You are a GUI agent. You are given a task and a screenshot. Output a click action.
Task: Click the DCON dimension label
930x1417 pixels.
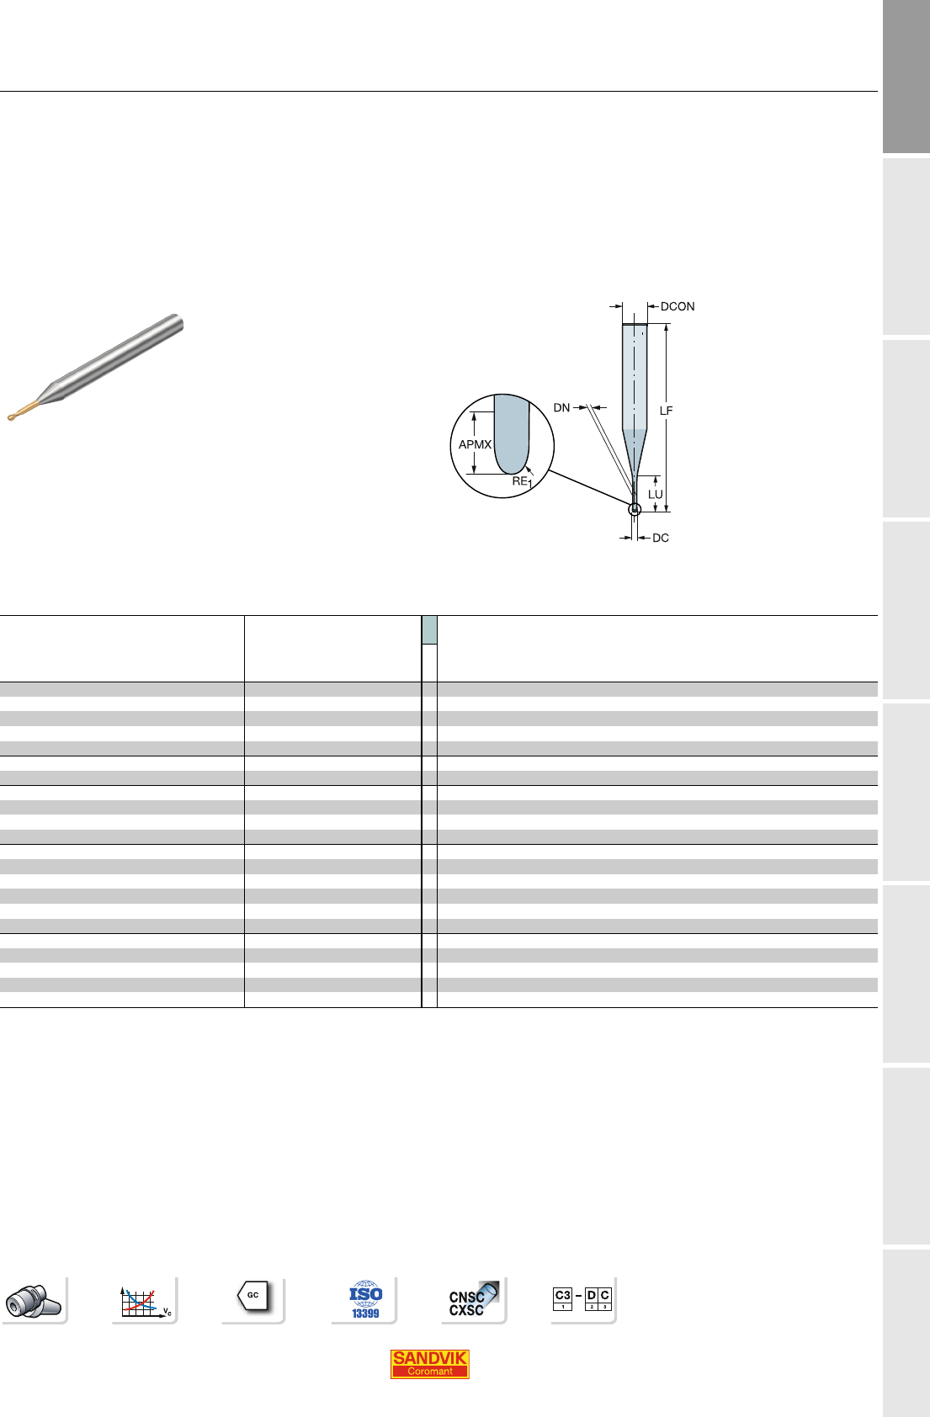tap(677, 306)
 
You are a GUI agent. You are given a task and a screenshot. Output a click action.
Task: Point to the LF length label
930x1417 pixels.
tap(667, 411)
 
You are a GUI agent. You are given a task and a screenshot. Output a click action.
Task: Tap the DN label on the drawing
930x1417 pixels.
tap(562, 408)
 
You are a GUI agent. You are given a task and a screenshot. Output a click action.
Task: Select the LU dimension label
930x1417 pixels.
tap(656, 494)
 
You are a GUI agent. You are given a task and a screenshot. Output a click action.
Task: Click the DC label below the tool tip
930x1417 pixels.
tap(661, 538)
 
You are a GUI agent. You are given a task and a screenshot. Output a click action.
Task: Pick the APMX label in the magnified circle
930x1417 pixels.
tap(476, 445)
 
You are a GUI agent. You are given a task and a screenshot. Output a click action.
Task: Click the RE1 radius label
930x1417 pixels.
tap(522, 481)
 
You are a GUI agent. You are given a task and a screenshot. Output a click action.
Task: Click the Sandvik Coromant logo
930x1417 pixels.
tap(430, 1364)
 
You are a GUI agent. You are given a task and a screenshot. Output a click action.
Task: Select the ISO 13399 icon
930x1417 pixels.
tap(365, 1299)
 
